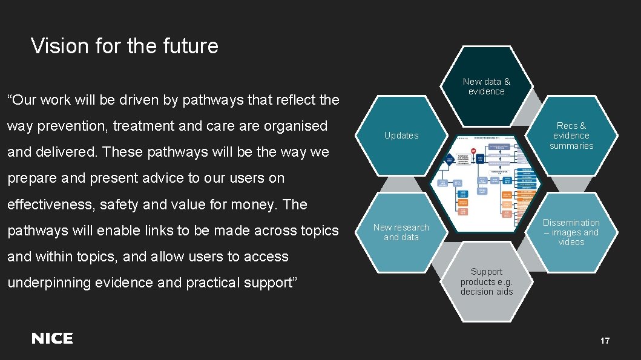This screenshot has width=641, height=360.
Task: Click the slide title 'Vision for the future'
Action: click(125, 46)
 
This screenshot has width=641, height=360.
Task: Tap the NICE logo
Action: click(52, 339)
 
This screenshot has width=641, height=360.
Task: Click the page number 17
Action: click(605, 341)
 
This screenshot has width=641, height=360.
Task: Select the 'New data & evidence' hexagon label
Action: click(486, 87)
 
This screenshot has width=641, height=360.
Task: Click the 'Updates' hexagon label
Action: click(401, 136)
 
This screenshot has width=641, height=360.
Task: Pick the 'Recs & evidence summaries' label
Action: click(571, 136)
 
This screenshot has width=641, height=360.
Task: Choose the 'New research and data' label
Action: click(401, 232)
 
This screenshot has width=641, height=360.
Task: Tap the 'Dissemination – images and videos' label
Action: click(571, 232)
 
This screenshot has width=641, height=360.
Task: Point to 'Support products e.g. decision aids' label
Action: click(487, 281)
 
